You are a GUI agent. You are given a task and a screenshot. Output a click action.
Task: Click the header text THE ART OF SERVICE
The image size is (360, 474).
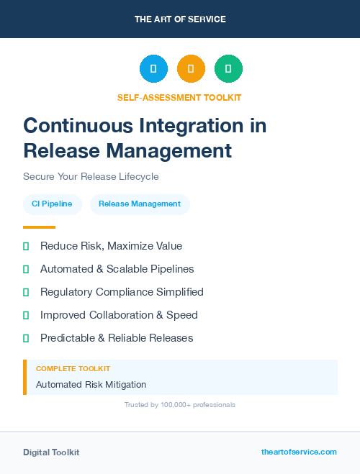tap(180, 19)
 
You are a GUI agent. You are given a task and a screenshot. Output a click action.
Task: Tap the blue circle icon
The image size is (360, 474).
tap(153, 69)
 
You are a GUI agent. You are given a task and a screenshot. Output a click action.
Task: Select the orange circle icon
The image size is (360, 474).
tap(191, 69)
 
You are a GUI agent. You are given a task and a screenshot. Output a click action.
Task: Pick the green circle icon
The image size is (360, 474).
tap(228, 69)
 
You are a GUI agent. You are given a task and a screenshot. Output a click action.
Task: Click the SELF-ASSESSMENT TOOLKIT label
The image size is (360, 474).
tap(179, 97)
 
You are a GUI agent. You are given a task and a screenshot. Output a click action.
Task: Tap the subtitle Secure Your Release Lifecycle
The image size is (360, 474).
tap(91, 176)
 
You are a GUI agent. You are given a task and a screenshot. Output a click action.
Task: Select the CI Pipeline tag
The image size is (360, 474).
tap(52, 204)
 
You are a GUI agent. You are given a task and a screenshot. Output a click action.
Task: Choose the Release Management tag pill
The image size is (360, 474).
tap(140, 204)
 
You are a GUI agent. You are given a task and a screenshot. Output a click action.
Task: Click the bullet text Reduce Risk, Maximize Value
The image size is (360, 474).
tap(111, 246)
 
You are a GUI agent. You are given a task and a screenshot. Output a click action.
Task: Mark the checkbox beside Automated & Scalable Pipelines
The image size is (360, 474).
tap(26, 269)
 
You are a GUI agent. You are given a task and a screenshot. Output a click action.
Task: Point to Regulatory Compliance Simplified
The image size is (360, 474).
tap(122, 292)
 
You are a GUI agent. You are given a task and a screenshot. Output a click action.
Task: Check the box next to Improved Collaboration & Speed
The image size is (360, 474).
tap(26, 315)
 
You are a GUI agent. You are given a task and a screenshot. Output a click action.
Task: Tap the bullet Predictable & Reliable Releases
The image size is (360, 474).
tap(117, 338)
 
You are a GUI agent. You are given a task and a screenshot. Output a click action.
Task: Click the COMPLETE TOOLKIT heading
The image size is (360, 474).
tap(73, 369)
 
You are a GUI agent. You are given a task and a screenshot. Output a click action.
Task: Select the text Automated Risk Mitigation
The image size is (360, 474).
tap(91, 385)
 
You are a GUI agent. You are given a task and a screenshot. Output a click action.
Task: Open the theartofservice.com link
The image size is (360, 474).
tap(299, 452)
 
